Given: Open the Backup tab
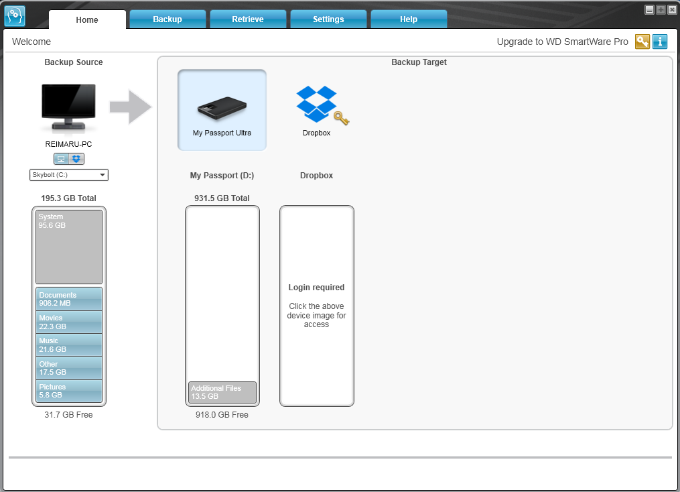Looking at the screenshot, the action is point(167,19).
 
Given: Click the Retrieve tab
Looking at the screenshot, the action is point(248,19).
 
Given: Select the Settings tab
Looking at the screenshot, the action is point(328,19).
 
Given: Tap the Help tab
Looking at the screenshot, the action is point(409,19).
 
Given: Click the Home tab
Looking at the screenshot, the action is point(87,19).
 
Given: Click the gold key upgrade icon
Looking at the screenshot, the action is point(642,42).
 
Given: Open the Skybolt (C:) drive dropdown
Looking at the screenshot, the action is point(68,175).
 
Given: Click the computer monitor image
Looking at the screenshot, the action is point(68,107).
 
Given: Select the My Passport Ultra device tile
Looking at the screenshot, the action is point(222,110).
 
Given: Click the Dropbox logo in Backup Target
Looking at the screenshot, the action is point(317,104).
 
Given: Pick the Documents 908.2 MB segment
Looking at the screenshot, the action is point(69,299).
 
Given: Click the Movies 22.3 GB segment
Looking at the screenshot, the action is point(69,322).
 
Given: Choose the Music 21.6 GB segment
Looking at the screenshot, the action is point(69,345).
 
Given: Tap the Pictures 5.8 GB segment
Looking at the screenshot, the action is point(69,391).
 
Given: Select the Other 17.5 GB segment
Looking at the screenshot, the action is point(69,368).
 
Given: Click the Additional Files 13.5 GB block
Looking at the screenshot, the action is point(222,392).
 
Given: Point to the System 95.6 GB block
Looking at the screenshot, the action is point(69,247).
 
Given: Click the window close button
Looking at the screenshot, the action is point(672,10).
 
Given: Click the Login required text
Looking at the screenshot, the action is point(317,287).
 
